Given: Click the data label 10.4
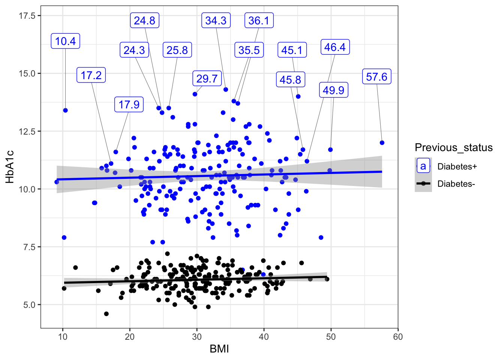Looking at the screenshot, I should tap(65, 41).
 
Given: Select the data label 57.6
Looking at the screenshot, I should tap(376, 77).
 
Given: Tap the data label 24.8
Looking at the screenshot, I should tap(144, 20).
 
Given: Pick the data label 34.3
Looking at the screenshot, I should tap(216, 20).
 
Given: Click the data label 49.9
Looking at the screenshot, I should tap(333, 90).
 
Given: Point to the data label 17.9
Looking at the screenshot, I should tap(129, 105).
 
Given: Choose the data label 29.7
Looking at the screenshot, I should tap(207, 79).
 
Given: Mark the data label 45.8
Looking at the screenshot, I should tap(290, 80).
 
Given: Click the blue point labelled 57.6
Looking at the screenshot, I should tap(382, 142).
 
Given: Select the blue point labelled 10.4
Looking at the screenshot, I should tap(65, 110).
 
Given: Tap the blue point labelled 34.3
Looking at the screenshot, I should tap(226, 90).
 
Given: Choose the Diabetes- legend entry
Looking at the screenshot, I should tap(456, 184).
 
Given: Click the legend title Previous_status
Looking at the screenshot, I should tap(453, 148).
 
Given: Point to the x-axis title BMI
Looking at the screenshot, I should tap(219, 349).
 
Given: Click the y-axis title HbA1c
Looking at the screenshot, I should tap(10, 166).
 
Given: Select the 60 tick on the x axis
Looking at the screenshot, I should tap(398, 337).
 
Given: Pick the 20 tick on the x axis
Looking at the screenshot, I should tap(130, 337).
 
